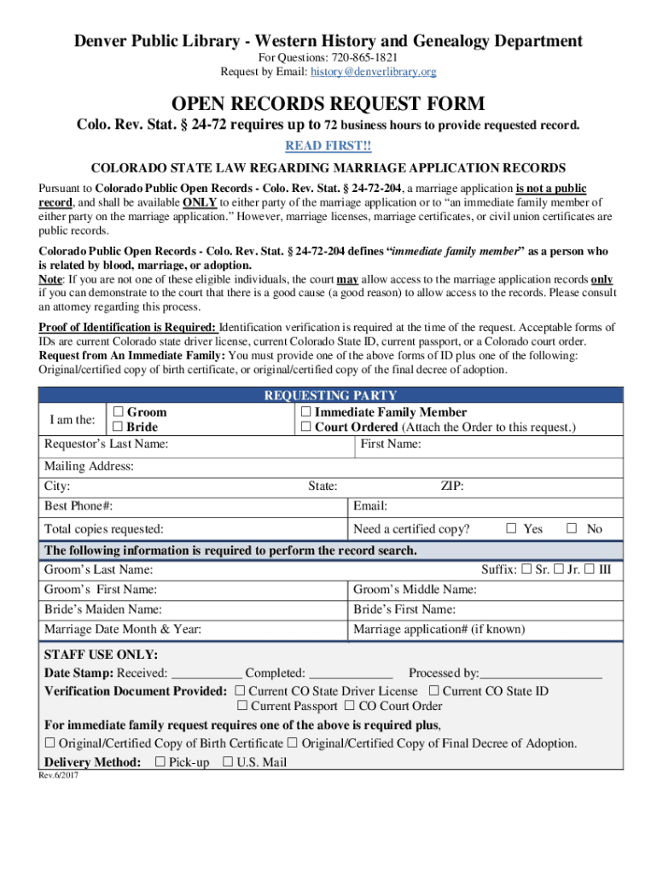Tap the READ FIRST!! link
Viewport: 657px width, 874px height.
coord(328,146)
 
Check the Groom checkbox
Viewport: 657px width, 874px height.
coord(119,412)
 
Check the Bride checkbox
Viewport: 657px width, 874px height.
coord(119,427)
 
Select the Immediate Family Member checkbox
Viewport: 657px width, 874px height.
coord(306,412)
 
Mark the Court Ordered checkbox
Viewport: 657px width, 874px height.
coord(306,427)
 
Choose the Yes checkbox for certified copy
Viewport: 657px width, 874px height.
coord(511,528)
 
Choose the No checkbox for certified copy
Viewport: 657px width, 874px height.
coord(573,528)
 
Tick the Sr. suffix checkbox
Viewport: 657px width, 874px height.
coord(526,568)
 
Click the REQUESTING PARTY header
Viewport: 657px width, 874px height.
coord(330,395)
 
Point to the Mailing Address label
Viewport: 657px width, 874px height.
coord(89,467)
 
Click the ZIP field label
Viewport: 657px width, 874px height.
coord(452,487)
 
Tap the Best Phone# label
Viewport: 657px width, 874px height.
coord(78,506)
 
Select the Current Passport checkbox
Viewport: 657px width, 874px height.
coord(242,706)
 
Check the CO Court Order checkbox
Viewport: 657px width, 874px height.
coord(350,706)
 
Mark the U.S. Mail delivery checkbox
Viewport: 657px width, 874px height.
coord(228,762)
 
